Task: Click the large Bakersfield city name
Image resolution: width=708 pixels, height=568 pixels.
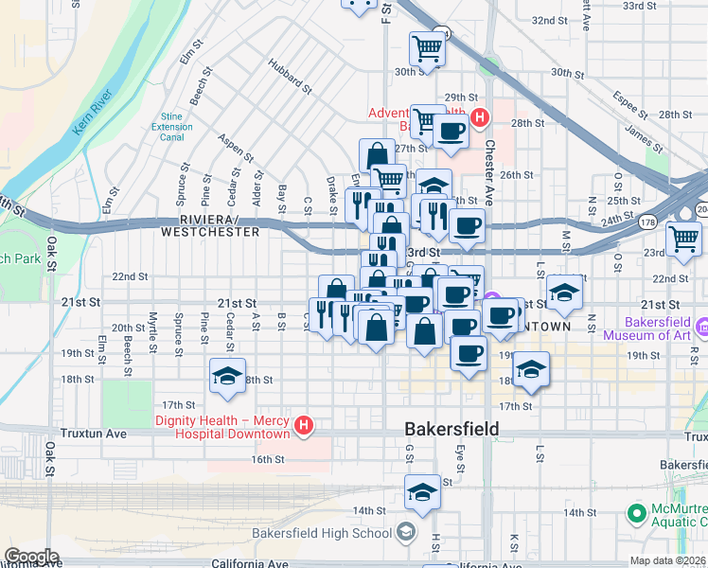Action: tap(451, 428)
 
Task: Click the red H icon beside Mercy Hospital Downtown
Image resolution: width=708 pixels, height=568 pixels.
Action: tap(303, 426)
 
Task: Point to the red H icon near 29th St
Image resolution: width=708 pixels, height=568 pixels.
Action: tap(480, 118)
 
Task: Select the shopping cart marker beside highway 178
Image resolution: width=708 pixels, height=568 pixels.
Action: tap(683, 239)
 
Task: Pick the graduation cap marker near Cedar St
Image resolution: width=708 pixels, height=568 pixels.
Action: tap(227, 376)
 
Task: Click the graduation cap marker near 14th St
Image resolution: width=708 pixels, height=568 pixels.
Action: tap(422, 491)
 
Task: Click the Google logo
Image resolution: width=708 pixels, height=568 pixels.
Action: tap(32, 556)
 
